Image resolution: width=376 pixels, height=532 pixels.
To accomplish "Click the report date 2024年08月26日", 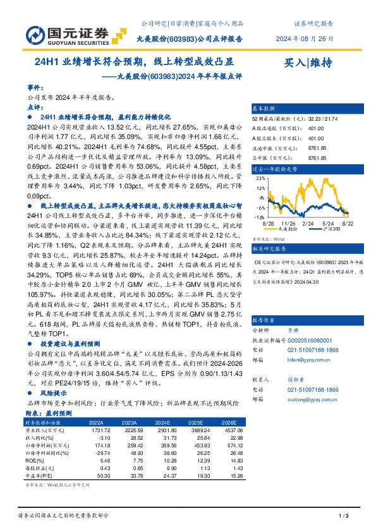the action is click(304, 39).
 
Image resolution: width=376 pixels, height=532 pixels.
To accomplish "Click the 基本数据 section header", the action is click(265, 109).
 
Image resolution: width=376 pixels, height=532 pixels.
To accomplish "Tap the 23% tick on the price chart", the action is click(260, 179).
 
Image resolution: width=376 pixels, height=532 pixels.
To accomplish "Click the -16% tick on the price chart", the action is click(259, 216).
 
